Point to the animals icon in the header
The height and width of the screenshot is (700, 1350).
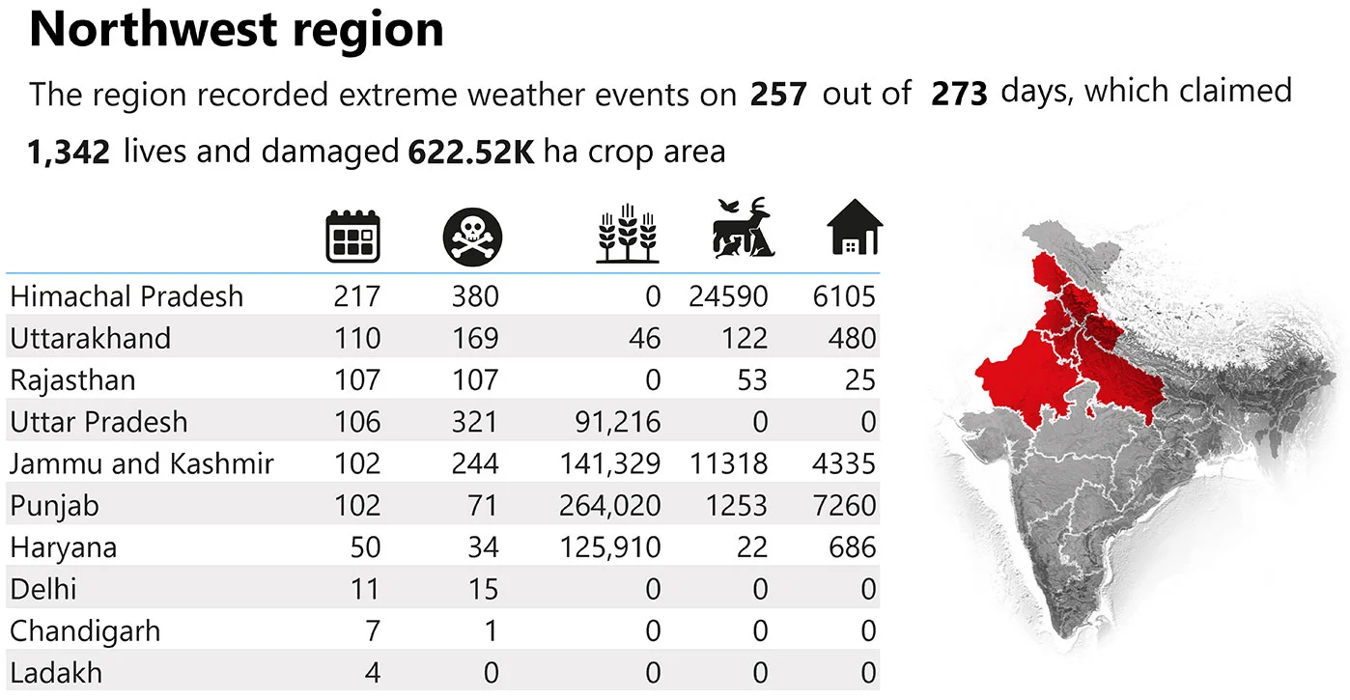click(x=742, y=230)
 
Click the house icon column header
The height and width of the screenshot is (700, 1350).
click(x=855, y=228)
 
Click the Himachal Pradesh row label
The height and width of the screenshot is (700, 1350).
click(x=127, y=296)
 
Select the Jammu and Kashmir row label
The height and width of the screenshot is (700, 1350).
click(x=142, y=464)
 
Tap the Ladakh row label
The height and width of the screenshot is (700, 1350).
click(x=56, y=673)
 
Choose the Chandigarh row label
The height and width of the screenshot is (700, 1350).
click(x=85, y=631)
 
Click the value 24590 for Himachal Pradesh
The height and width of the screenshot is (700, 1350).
click(x=728, y=296)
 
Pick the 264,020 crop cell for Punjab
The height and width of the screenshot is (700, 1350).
click(x=610, y=506)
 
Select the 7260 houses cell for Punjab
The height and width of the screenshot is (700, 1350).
click(x=844, y=506)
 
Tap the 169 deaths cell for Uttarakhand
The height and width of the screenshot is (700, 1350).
click(x=475, y=339)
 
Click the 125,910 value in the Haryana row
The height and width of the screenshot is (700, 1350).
click(x=610, y=548)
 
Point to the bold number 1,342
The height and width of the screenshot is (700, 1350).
click(x=70, y=153)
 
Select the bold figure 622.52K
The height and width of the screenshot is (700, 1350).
click(x=471, y=153)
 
